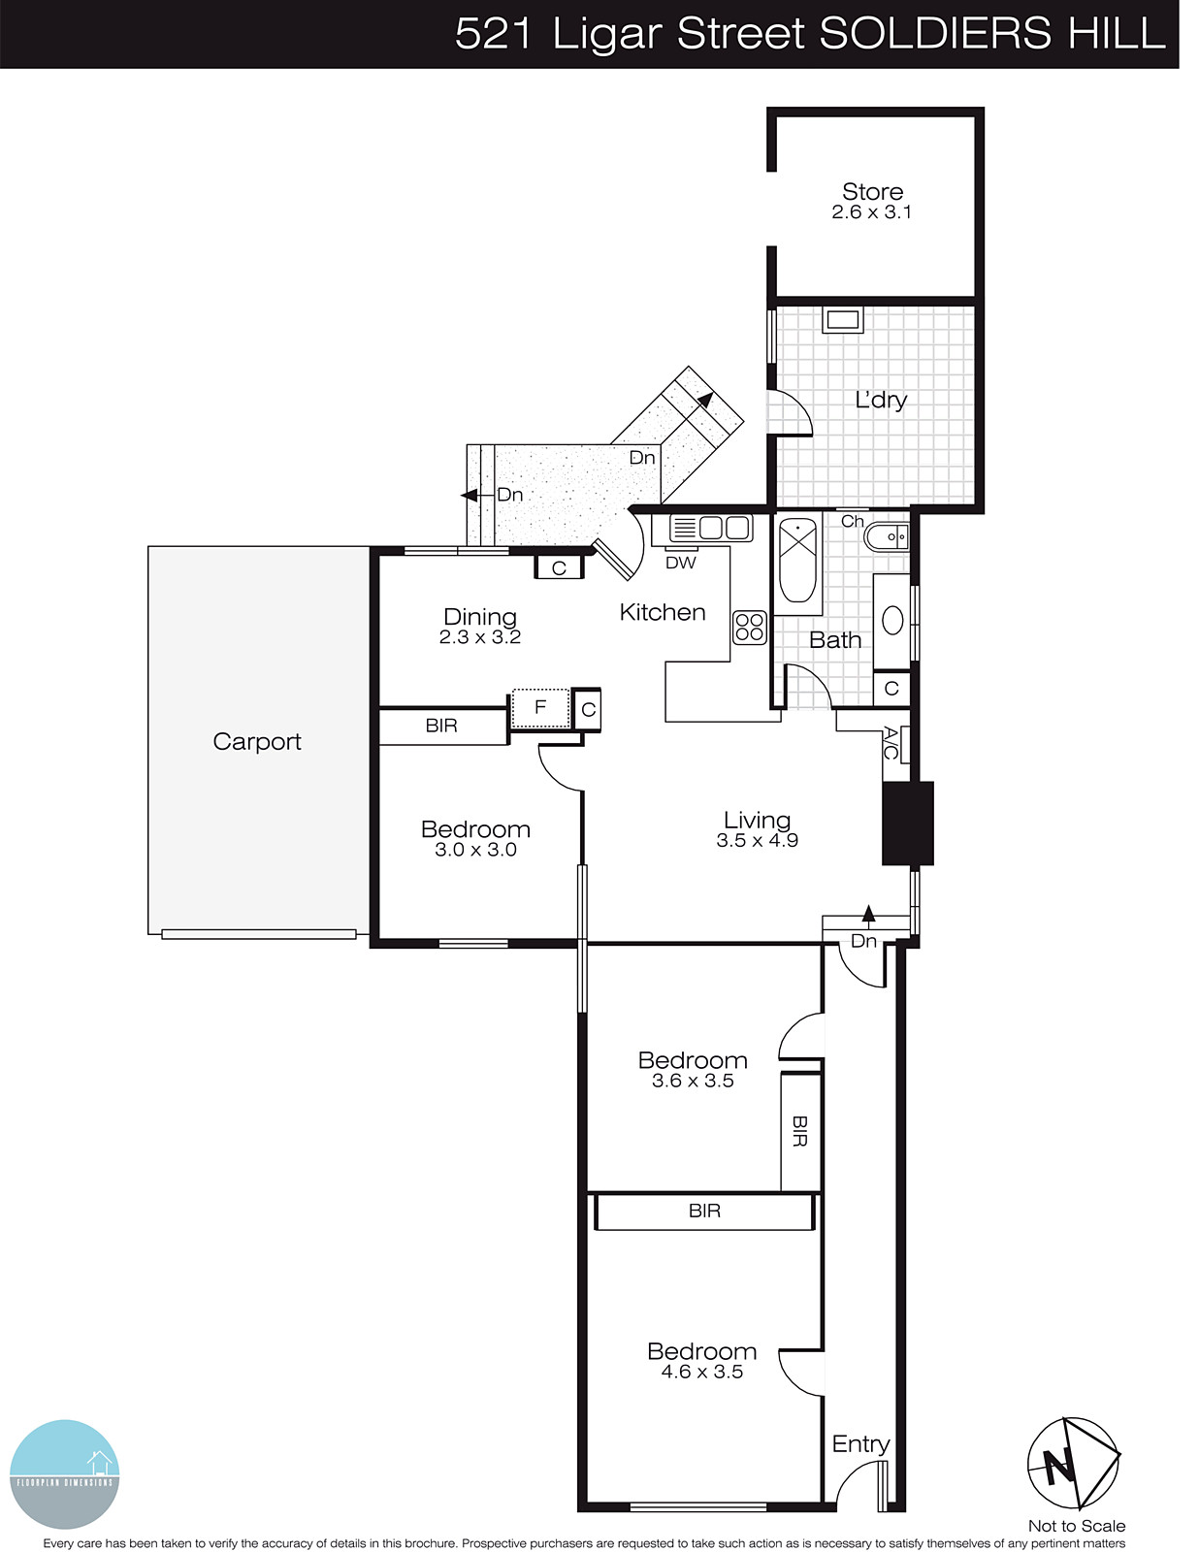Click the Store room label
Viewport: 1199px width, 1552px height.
(x=872, y=192)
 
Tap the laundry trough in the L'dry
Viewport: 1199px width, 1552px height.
(x=843, y=320)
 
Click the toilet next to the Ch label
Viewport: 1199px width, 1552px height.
(x=886, y=536)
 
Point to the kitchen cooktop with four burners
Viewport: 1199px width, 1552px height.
(x=750, y=628)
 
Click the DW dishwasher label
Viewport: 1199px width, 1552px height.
(x=681, y=563)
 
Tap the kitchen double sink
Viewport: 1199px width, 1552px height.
(x=711, y=529)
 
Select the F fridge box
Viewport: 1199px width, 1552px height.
(x=540, y=707)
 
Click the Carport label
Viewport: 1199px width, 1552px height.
(x=257, y=742)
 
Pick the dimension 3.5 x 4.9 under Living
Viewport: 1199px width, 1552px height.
(x=757, y=841)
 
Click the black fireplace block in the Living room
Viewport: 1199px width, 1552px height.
(x=907, y=823)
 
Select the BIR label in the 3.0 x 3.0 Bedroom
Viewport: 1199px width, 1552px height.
(x=441, y=726)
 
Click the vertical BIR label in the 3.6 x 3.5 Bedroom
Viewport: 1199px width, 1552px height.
(x=800, y=1131)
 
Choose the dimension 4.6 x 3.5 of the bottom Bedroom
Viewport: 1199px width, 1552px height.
(x=701, y=1372)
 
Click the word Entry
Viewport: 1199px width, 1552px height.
(x=860, y=1444)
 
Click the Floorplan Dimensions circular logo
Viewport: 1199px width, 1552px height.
(x=64, y=1473)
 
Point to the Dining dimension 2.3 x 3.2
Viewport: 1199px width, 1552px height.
(x=479, y=637)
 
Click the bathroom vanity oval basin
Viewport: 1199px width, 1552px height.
(x=892, y=621)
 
